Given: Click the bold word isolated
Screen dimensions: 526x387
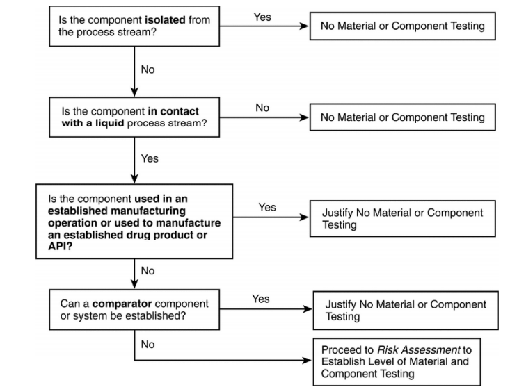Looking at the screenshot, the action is pyautogui.click(x=165, y=19).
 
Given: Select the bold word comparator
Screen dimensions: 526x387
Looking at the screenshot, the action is pyautogui.click(x=122, y=304).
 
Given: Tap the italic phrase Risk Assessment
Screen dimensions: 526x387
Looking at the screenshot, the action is pyautogui.click(x=419, y=349).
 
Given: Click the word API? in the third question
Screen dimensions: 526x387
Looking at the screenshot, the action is pyautogui.click(x=60, y=246).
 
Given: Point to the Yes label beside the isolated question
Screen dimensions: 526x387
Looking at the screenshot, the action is pyautogui.click(x=262, y=17).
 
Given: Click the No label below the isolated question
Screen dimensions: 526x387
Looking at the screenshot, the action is pyautogui.click(x=148, y=69).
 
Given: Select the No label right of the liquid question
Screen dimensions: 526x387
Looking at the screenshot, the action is pyautogui.click(x=262, y=108).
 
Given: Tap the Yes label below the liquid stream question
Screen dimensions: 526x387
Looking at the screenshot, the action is pyautogui.click(x=150, y=158).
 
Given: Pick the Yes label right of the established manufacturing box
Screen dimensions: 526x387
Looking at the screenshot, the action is pyautogui.click(x=267, y=207).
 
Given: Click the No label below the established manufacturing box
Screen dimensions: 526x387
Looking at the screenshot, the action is pyautogui.click(x=148, y=270).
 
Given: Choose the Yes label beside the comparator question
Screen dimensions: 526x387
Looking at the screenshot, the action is pyautogui.click(x=261, y=299).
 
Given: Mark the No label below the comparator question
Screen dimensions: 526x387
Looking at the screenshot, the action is pyautogui.click(x=148, y=344).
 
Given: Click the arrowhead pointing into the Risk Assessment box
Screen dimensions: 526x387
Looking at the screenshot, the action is pyautogui.click(x=308, y=361).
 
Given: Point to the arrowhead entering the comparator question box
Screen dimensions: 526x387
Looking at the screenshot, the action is pyautogui.click(x=134, y=284).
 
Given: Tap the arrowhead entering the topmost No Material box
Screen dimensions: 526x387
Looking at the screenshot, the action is pyautogui.click(x=304, y=26).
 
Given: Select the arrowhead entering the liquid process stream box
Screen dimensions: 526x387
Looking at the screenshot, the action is pyautogui.click(x=134, y=92).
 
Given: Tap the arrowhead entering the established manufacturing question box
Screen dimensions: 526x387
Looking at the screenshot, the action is pyautogui.click(x=134, y=179).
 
